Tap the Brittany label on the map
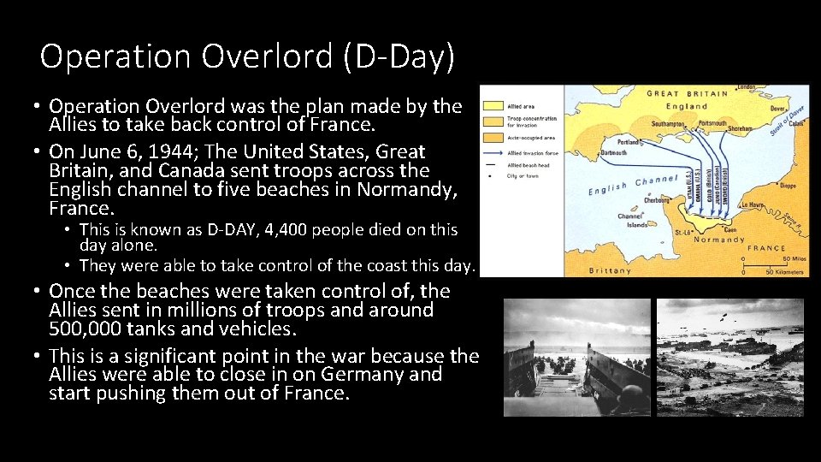(610, 270)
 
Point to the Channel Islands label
(634, 219)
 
